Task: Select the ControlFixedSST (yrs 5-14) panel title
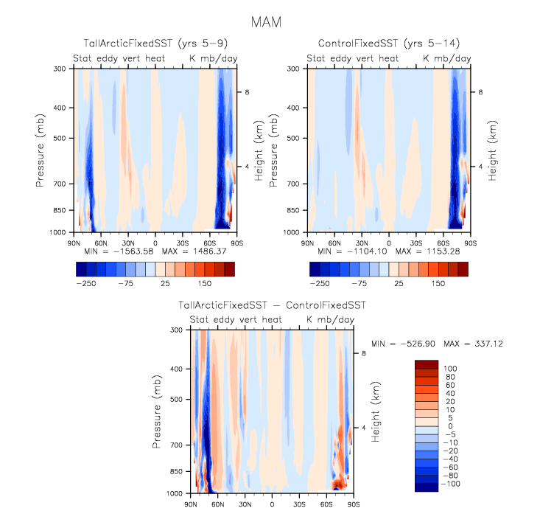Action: pyautogui.click(x=388, y=44)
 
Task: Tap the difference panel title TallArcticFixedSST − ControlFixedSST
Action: pyautogui.click(x=272, y=305)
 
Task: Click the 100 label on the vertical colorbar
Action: pyautogui.click(x=449, y=367)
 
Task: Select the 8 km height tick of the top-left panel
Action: pyautogui.click(x=248, y=92)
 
